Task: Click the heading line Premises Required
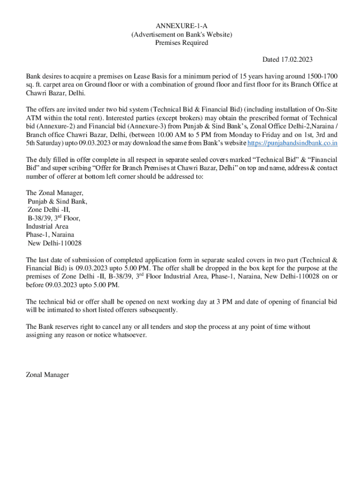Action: [x=181, y=43]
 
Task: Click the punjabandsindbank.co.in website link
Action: [x=292, y=144]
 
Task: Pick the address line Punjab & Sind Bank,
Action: [x=57, y=201]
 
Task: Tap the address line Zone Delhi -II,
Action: [x=49, y=210]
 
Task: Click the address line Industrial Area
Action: [x=47, y=226]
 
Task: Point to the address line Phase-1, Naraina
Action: [x=50, y=235]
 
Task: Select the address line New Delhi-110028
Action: [x=55, y=243]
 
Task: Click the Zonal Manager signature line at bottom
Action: [x=48, y=375]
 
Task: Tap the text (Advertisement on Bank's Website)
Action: [x=181, y=34]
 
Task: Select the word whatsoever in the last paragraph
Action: [x=130, y=335]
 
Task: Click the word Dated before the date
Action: [x=270, y=59]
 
